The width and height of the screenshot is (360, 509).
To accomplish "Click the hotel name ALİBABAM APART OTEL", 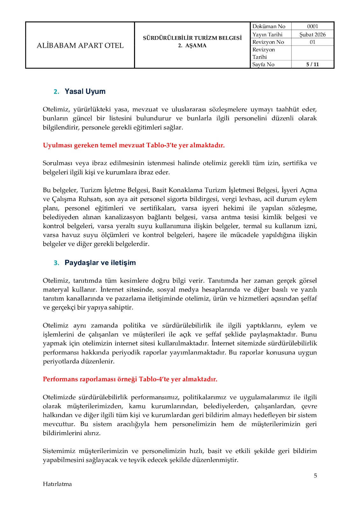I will coord(80,45).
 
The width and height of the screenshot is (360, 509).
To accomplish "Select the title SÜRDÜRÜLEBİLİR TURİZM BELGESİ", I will coord(192,38).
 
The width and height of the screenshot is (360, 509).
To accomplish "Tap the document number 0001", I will coord(312,26).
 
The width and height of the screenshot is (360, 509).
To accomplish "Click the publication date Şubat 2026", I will coord(312,34).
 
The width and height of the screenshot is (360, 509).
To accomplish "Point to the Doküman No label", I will coord(269,26).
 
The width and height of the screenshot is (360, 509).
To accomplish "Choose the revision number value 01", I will coord(312,42).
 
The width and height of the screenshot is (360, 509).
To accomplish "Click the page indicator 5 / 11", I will coord(312,64).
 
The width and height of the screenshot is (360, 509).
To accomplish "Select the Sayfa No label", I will coord(263,64).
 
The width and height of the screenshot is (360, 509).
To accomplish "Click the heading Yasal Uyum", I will coord(85,91).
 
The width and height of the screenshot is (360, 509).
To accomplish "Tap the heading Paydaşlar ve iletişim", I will coord(100,262).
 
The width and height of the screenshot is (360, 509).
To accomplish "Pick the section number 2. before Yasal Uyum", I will coord(56,92).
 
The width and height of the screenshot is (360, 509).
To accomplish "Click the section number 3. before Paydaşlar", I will coord(56,263).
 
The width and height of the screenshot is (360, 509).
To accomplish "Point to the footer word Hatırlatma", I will coord(57,484).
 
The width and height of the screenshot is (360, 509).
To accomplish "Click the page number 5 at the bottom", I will coord(315,476).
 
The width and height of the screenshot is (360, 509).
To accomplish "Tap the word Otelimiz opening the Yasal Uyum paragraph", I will coord(56,109).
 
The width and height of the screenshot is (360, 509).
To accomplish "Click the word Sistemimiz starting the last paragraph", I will coord(59,451).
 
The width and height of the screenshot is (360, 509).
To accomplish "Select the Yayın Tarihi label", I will coord(267,34).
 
